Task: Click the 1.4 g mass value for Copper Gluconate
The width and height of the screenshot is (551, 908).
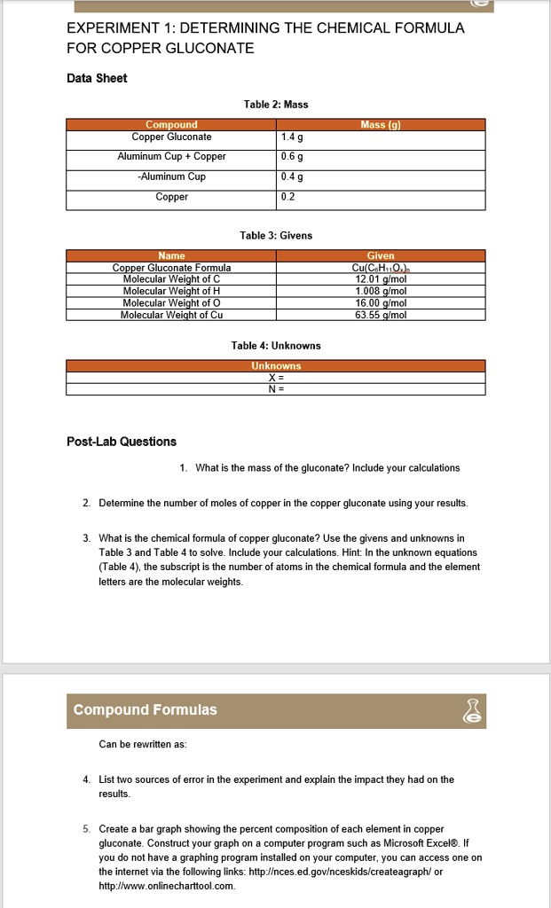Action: pos(290,137)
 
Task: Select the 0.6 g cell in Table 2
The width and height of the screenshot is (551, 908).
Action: pos(290,157)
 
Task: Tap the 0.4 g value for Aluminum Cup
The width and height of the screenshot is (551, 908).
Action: pos(290,176)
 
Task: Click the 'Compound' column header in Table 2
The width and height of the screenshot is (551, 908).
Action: pos(171,125)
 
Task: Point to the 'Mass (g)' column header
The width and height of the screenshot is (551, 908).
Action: pos(381,125)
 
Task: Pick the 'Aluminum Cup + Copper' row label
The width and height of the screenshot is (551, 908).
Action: pos(171,157)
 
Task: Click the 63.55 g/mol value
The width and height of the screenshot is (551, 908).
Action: pos(381,314)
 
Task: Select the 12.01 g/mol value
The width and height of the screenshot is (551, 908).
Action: pos(381,278)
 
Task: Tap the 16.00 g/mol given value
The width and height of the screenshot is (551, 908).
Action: pos(381,302)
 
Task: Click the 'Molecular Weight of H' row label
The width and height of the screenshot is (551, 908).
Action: pos(171,290)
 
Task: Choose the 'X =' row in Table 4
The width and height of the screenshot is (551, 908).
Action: pos(276,377)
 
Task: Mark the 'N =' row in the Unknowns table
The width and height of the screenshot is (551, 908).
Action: pos(276,388)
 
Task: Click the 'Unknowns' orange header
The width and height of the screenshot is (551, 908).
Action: pos(276,365)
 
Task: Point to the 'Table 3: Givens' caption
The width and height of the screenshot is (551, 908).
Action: pos(276,235)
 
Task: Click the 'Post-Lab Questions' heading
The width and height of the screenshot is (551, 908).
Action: pos(122,442)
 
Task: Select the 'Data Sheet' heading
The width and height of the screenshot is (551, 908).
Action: pos(97,78)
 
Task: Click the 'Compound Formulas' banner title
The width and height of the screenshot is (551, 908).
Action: pos(145,710)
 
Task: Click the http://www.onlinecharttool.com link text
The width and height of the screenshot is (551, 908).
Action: pos(167,885)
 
